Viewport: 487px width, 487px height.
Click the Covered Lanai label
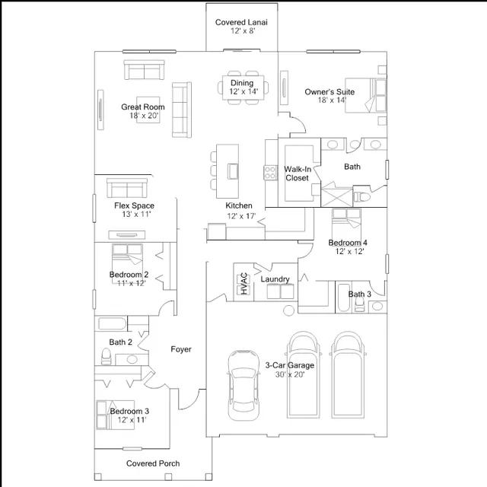pyautogui.click(x=241, y=22)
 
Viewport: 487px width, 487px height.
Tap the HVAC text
pyautogui.click(x=244, y=284)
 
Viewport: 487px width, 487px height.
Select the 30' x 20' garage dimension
pyautogui.click(x=290, y=374)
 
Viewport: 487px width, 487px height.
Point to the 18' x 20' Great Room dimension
pyautogui.click(x=144, y=116)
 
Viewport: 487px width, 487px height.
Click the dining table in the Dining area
pyautogui.click(x=243, y=88)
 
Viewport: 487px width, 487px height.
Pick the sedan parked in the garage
pyautogui.click(x=243, y=385)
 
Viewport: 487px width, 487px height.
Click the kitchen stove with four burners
pyautogui.click(x=270, y=173)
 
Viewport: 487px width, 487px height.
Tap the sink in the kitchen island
pyautogui.click(x=233, y=171)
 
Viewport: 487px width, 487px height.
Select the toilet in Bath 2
pyautogui.click(x=107, y=357)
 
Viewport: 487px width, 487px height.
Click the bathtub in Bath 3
pyautogui.click(x=343, y=298)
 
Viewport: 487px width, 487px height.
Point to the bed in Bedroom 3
pyautogui.click(x=116, y=415)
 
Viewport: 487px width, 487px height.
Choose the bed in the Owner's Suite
pyautogui.click(x=366, y=95)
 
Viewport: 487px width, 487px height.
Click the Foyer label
pyautogui.click(x=181, y=349)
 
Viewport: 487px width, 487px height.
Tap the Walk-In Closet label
pyautogui.click(x=298, y=173)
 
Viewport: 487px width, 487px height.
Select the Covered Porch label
pyautogui.click(x=153, y=463)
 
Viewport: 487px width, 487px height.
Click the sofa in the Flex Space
pyautogui.click(x=127, y=188)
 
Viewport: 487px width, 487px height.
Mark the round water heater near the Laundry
pyautogui.click(x=289, y=310)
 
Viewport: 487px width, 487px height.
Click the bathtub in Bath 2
pyautogui.click(x=112, y=324)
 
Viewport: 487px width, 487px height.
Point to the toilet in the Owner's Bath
pyautogui.click(x=362, y=197)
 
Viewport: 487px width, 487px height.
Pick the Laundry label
pyautogui.click(x=275, y=279)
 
